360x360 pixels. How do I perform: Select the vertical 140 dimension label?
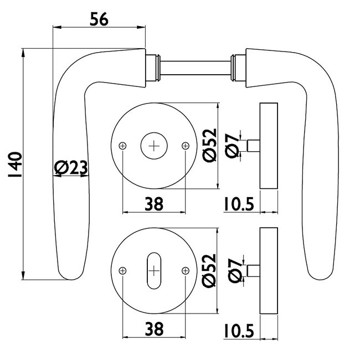tap(15, 164)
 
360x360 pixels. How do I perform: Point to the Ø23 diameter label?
tap(71, 168)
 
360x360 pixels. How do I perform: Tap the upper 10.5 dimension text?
tap(239, 204)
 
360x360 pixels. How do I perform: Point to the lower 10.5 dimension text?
tap(239, 330)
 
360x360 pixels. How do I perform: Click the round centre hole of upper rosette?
tap(154, 146)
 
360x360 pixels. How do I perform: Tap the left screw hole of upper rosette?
tap(122, 146)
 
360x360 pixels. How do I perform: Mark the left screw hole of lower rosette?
tap(122, 271)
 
